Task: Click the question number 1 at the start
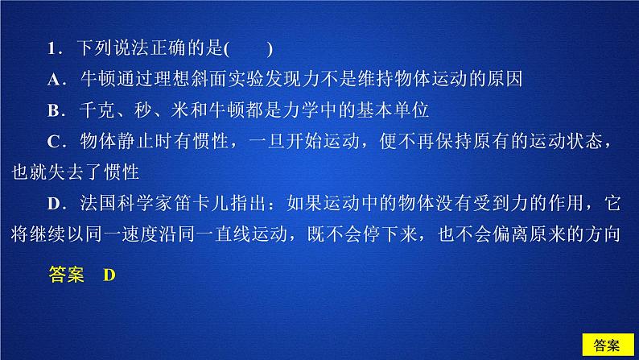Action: point(52,48)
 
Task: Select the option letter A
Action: point(53,80)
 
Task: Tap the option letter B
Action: point(53,110)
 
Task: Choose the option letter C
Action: point(53,142)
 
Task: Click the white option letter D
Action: point(53,204)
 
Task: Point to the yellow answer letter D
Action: point(109,275)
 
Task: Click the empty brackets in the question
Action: point(248,49)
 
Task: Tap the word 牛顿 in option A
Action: point(97,79)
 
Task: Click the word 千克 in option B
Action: point(97,110)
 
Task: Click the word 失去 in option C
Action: point(66,172)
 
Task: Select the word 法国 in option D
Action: point(98,203)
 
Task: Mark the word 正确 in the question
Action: point(167,48)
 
